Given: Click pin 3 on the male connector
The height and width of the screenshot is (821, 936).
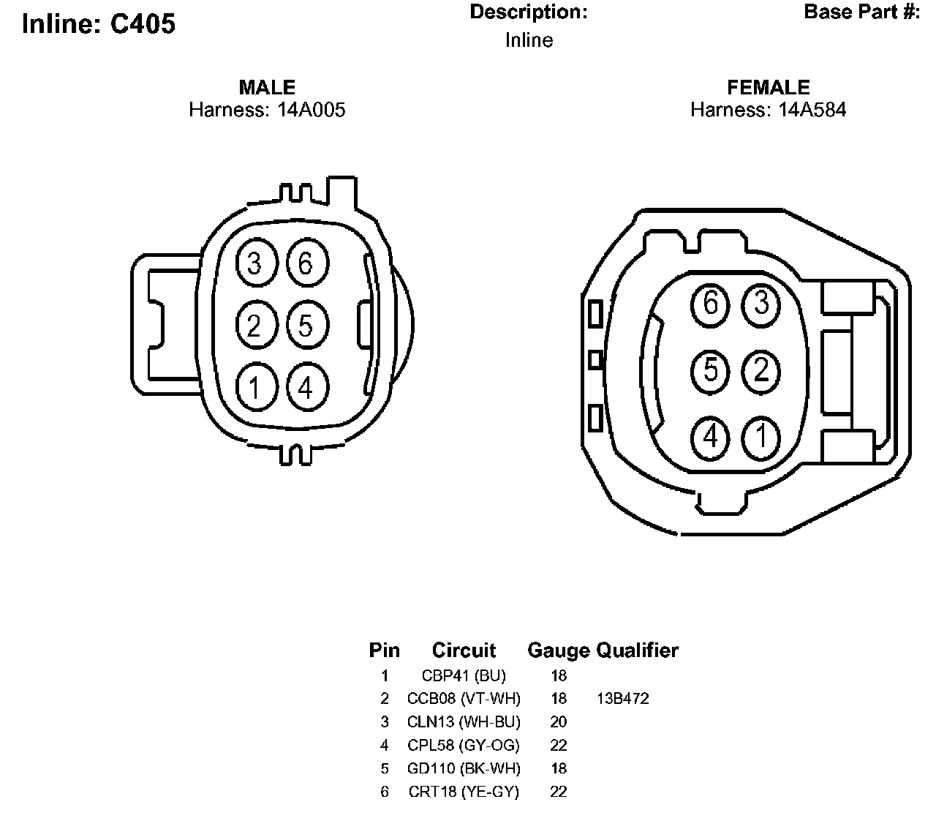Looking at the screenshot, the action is click(x=254, y=263).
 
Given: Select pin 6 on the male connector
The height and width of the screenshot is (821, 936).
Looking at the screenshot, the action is click(x=306, y=263).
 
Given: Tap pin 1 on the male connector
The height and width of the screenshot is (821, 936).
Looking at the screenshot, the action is click(x=254, y=387).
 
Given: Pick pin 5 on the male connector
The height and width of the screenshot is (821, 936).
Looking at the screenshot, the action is click(x=306, y=325).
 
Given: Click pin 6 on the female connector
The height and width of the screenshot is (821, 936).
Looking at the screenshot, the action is click(x=711, y=303).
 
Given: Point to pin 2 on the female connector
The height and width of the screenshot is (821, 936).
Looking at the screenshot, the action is click(x=762, y=370).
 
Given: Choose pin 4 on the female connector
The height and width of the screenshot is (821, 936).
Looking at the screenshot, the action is click(x=711, y=437).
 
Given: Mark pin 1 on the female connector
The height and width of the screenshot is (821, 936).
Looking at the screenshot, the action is click(x=762, y=437).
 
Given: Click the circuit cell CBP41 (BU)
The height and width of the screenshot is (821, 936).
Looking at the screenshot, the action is click(x=464, y=675).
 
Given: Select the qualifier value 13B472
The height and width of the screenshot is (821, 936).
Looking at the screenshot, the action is click(x=623, y=699).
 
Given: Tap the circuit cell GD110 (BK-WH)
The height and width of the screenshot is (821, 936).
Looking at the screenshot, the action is click(x=464, y=768).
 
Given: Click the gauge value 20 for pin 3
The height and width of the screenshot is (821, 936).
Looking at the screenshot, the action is click(x=558, y=722).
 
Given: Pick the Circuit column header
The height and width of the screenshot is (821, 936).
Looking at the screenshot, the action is click(x=464, y=651).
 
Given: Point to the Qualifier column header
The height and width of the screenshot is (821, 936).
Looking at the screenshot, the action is click(x=638, y=651).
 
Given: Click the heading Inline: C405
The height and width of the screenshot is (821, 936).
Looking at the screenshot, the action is click(x=99, y=24).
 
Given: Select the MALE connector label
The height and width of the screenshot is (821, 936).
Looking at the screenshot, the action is click(x=267, y=88).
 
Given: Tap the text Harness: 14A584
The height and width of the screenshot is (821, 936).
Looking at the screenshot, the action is click(x=768, y=110).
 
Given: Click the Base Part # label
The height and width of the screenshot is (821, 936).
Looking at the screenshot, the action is click(x=861, y=12).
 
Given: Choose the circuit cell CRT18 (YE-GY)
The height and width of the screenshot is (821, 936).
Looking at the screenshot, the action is click(x=464, y=792).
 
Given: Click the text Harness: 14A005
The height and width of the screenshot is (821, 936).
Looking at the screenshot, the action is click(x=267, y=110).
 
